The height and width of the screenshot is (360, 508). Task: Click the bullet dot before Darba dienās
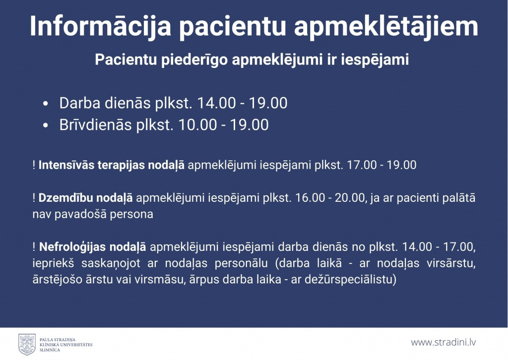click(45, 104)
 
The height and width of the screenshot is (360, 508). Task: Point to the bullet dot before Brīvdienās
click(45, 125)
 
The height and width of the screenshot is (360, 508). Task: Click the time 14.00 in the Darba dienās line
click(216, 103)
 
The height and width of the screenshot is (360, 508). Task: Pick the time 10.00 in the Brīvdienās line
click(197, 125)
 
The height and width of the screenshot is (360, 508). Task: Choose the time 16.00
click(310, 198)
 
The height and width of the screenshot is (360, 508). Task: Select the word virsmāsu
click(162, 279)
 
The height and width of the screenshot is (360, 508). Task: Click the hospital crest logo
click(27, 345)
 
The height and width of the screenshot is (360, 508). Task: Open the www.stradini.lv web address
click(443, 342)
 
